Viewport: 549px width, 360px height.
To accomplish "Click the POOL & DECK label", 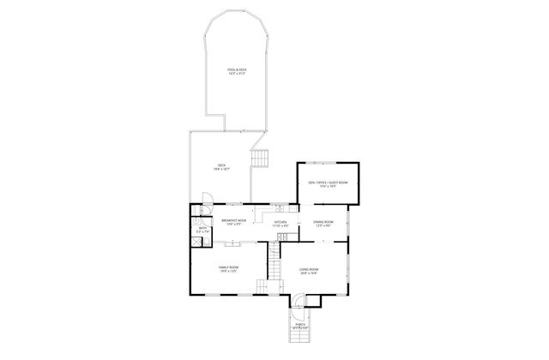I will pos(237,69).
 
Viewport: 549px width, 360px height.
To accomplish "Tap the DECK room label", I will pos(221,165).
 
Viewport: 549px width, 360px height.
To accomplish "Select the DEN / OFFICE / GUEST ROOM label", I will pos(328,182).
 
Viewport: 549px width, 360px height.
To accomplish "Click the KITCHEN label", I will pos(281,222).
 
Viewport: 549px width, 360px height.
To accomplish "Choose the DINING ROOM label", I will pos(323,222).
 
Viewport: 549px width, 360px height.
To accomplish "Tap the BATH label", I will pos(203,227).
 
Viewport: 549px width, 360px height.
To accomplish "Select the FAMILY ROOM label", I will pos(228,267).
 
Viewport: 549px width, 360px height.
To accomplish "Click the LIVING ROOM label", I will pos(309,270).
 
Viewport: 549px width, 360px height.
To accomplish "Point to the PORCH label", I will pos(301,324).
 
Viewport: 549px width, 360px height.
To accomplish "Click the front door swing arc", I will pos(296,300).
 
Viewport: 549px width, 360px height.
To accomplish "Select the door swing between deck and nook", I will pos(206,211).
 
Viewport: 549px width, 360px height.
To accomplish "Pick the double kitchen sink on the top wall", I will pos(282,207).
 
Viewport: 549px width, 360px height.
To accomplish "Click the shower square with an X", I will pos(196,242).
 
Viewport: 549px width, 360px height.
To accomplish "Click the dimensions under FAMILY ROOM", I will pos(228,272).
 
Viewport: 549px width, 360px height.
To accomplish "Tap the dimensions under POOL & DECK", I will pos(237,74).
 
